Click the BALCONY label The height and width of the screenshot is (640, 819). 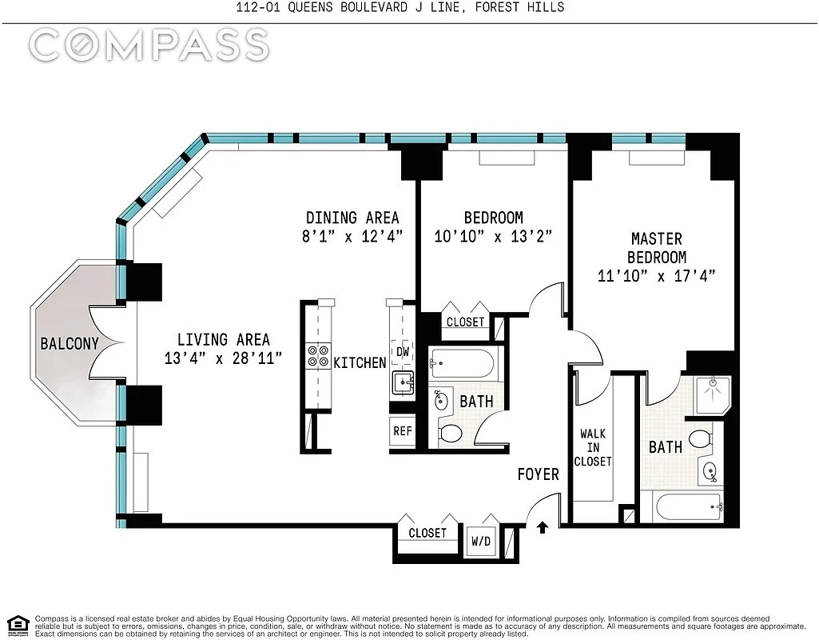click(x=70, y=343)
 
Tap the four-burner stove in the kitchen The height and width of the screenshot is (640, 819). click(x=318, y=356)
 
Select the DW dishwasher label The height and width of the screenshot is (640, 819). click(x=402, y=352)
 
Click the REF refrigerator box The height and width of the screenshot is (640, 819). click(x=403, y=431)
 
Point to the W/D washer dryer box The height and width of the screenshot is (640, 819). click(x=481, y=541)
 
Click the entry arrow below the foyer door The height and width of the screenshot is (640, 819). click(x=543, y=527)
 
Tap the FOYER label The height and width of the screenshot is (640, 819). click(x=538, y=474)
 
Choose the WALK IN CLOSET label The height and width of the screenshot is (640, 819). click(x=593, y=447)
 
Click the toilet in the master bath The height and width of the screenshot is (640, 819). click(x=702, y=438)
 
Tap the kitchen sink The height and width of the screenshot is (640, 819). click(x=403, y=382)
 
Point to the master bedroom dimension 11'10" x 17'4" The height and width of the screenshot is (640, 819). click(x=657, y=275)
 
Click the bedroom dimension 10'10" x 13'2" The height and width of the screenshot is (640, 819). click(x=493, y=236)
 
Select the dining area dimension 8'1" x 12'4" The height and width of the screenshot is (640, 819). click(x=352, y=236)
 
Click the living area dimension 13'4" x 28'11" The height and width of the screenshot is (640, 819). click(x=224, y=358)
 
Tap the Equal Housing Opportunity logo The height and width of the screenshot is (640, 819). click(x=18, y=624)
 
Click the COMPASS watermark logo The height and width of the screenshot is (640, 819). click(x=149, y=45)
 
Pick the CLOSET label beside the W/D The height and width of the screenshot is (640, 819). click(x=427, y=533)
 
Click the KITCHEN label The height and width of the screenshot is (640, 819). click(x=360, y=362)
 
